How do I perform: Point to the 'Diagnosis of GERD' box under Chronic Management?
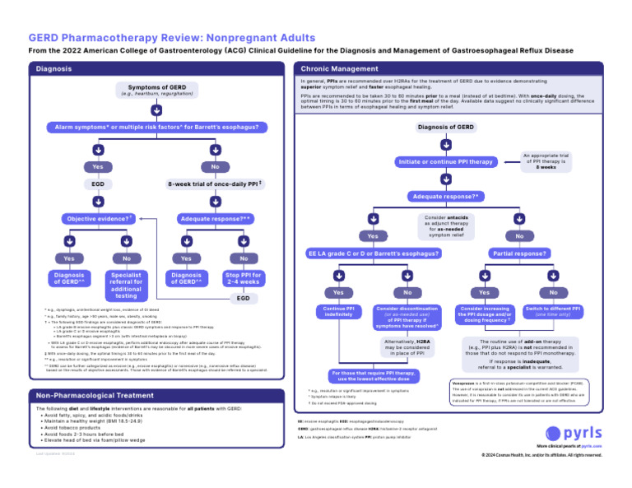445,128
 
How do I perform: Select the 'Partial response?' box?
518,253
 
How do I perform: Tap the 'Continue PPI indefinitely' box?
339,313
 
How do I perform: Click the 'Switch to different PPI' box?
553,313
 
